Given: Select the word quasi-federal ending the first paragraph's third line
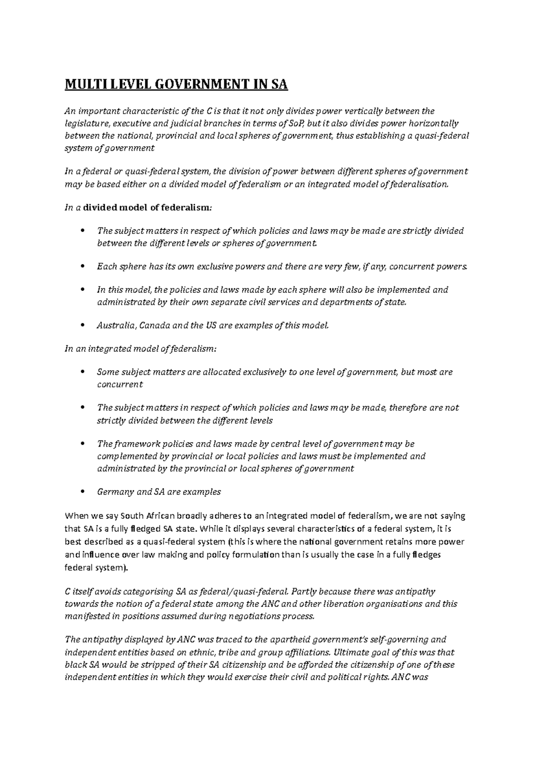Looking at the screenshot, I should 445,136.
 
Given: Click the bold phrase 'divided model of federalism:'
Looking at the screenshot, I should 148,207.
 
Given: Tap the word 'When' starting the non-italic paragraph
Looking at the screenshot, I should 76,516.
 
